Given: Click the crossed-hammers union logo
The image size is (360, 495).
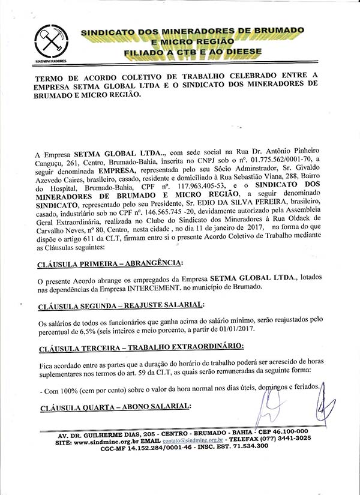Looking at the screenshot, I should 50,42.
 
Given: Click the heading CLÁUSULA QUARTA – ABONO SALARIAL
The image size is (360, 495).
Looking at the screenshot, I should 114,408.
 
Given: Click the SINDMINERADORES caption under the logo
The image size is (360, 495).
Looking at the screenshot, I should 50,61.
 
